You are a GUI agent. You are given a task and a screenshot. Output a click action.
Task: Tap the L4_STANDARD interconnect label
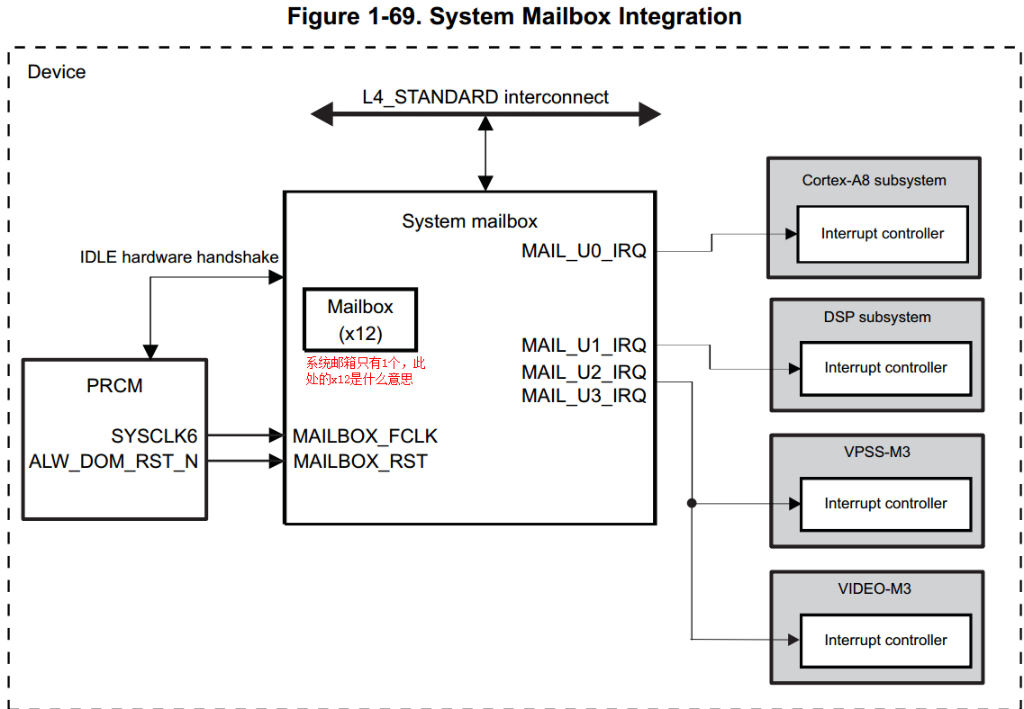(x=485, y=97)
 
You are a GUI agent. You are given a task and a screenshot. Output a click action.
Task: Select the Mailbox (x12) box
(x=360, y=319)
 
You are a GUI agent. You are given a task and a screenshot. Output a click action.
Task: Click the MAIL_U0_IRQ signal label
(x=584, y=251)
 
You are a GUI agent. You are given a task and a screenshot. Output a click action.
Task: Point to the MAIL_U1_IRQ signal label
(x=584, y=345)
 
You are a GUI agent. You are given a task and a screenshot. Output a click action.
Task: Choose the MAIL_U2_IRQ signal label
(x=584, y=372)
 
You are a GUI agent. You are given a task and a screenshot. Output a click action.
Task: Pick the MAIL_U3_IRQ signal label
(x=584, y=395)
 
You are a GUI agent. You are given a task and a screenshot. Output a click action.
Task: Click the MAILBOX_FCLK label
(x=365, y=436)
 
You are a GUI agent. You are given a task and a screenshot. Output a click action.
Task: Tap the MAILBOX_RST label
(x=360, y=462)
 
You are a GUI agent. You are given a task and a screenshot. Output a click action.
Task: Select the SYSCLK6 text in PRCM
(x=154, y=436)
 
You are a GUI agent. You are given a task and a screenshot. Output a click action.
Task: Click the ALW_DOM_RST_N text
(x=113, y=462)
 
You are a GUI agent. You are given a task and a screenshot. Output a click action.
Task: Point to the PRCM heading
(x=114, y=386)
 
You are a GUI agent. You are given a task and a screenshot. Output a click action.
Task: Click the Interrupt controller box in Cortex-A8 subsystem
(x=883, y=234)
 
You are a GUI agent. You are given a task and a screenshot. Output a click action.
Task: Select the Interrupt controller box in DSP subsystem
(x=885, y=368)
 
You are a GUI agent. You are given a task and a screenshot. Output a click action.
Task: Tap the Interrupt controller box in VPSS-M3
(x=885, y=504)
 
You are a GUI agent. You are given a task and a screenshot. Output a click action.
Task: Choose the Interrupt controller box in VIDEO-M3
(x=885, y=641)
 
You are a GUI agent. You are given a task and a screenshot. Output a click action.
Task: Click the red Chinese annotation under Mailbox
(x=364, y=371)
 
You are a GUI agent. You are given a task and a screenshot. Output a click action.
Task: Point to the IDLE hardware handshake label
(x=179, y=257)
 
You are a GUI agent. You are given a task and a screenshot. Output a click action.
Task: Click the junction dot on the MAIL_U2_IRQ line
(x=692, y=503)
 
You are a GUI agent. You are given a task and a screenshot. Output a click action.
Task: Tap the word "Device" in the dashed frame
(x=57, y=72)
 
